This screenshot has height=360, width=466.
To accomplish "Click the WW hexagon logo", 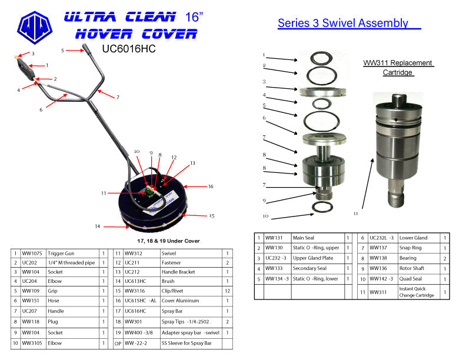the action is [x=35, y=28].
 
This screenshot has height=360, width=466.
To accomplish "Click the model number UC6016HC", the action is [x=129, y=49].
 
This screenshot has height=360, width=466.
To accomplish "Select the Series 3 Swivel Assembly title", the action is [x=343, y=23].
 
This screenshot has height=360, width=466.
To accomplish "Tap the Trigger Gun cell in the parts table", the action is [x=61, y=254].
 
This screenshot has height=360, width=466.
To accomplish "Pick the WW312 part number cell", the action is [x=134, y=254].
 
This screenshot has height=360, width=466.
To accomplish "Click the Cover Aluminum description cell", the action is [x=180, y=301].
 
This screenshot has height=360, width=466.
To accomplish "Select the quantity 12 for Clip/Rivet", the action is [x=227, y=291].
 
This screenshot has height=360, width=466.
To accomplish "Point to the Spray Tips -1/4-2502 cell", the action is [x=185, y=322].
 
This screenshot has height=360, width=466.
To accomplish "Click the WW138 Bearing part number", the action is [x=378, y=258].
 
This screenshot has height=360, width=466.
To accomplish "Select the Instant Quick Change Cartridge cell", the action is [x=417, y=292].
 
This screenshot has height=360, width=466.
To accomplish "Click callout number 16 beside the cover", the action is [x=211, y=186].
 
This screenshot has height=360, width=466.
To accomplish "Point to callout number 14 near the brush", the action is [x=97, y=226].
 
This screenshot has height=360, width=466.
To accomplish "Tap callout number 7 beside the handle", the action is [x=118, y=97].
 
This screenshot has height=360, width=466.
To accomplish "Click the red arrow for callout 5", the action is [x=75, y=51].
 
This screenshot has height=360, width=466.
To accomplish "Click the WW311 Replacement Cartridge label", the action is [x=398, y=68].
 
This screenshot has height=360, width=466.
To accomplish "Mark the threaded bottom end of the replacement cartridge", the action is [x=397, y=198].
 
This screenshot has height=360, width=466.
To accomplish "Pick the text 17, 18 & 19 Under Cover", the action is [x=168, y=241].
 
